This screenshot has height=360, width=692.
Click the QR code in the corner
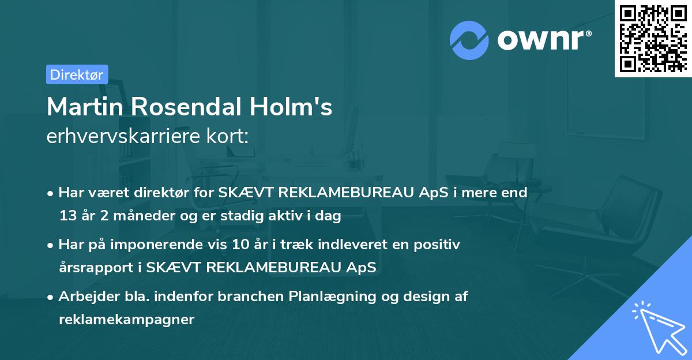pyautogui.click(x=653, y=38)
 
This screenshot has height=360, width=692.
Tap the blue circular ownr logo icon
pyautogui.click(x=469, y=40)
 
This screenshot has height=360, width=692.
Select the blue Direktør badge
pyautogui.click(x=77, y=74)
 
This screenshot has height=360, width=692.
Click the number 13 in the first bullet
pyautogui.click(x=67, y=216)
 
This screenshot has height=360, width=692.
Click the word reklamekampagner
pyautogui.click(x=126, y=320)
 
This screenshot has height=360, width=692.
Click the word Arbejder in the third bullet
pyautogui.click(x=84, y=297)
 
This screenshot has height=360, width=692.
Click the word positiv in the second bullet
pyautogui.click(x=439, y=245)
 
